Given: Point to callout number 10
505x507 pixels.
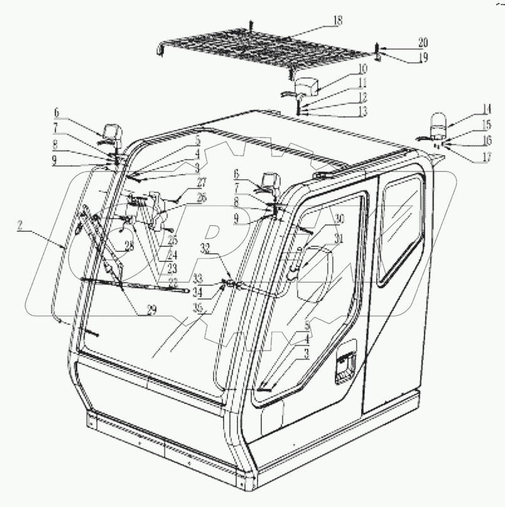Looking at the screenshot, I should click(x=363, y=69).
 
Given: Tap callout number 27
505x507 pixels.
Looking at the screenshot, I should click(x=201, y=183).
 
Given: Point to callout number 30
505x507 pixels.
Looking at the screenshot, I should click(x=339, y=218).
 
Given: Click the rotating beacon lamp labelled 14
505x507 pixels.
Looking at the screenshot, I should click(x=437, y=124).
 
